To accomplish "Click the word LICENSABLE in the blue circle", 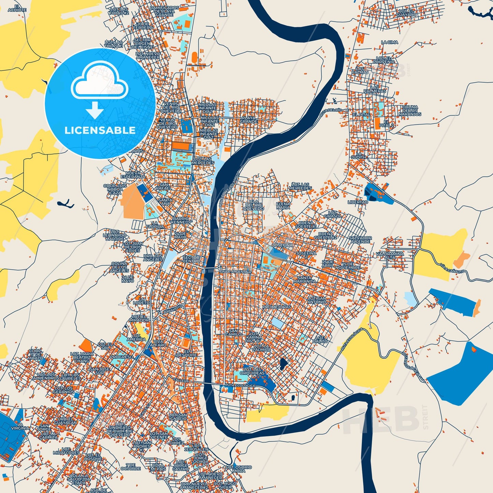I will coord(100,130).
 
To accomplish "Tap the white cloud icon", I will coord(99,82).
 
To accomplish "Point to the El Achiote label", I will coord(17,8).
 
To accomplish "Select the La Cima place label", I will coord(389,42).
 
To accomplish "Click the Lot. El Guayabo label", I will coord(406,13).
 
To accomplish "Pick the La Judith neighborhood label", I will coord(359,155).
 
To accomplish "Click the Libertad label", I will coord(358,202).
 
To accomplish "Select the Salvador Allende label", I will coord(360,240).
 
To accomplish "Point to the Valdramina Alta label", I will coord(390,256).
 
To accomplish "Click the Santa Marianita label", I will coord(305,280).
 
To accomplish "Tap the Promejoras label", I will coord(277,307).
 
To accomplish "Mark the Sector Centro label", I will coord(191,259).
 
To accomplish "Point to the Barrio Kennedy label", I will coord(181,220).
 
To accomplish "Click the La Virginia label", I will coord(20,426).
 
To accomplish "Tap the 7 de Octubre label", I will coord(130,467).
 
